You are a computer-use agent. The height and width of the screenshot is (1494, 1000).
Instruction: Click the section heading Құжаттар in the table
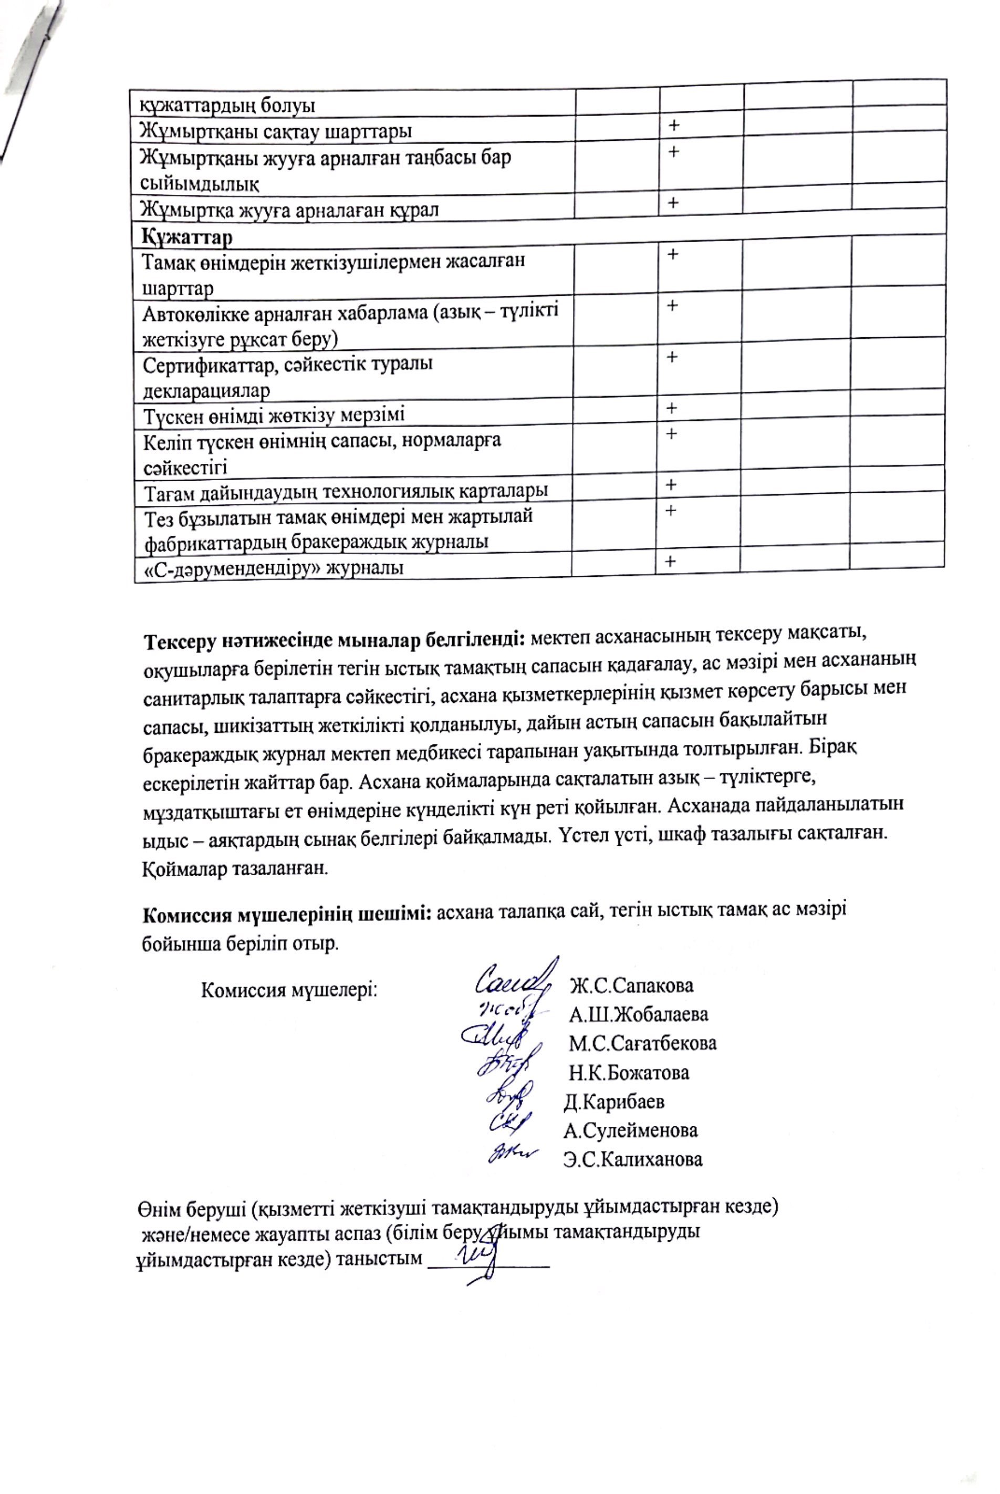pos(187,237)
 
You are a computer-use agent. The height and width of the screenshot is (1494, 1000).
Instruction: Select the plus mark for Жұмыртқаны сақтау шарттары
pos(673,126)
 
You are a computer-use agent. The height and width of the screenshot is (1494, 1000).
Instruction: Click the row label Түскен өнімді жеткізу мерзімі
pos(274,416)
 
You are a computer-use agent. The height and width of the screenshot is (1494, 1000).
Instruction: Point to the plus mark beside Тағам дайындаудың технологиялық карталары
pos(671,485)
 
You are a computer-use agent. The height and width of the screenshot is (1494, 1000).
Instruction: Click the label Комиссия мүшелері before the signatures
pos(289,990)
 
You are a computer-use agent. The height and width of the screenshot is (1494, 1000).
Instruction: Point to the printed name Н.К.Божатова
pos(629,1072)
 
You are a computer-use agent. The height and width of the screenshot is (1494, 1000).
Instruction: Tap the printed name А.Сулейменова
pos(630,1131)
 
